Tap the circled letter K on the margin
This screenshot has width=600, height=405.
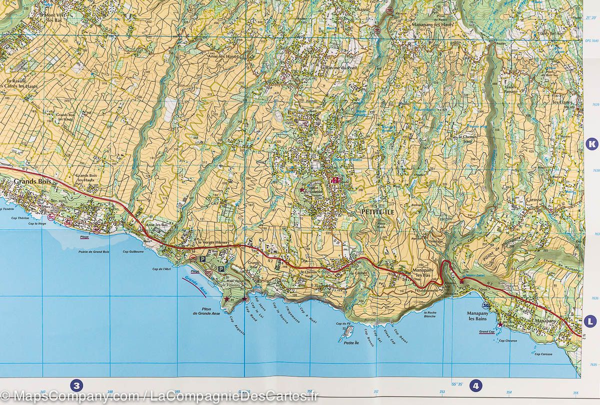[592, 144]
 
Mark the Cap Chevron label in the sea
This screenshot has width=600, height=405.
[507, 341]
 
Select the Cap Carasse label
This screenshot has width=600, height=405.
[543, 354]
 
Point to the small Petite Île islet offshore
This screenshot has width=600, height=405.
[348, 332]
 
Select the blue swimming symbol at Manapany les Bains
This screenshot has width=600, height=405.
[484, 306]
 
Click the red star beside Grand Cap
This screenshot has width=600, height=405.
[500, 325]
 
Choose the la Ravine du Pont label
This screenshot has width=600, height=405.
[339, 67]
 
